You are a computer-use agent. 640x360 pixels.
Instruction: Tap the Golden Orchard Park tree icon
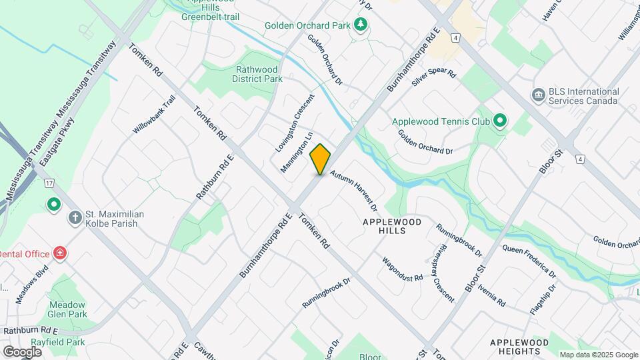click(361, 25)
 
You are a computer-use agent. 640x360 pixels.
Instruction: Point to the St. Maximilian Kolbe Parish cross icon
click(75, 218)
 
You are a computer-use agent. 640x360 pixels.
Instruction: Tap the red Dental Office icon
click(60, 253)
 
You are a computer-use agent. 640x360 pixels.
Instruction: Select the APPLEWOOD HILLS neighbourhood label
click(394, 225)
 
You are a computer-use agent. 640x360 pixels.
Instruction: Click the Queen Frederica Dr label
click(529, 261)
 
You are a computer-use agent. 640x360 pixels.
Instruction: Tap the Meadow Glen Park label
click(68, 309)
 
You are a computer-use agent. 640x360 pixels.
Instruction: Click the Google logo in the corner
click(21, 351)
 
